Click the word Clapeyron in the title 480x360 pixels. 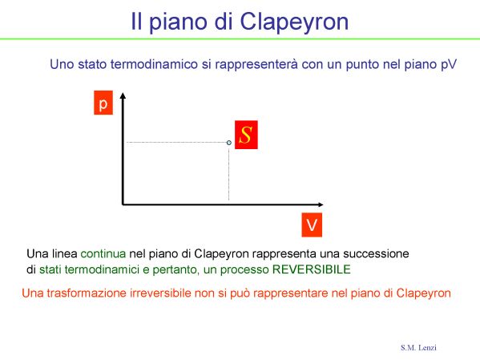tap(294, 22)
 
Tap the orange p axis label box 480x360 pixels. tap(103, 103)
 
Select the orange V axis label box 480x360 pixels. tap(312, 224)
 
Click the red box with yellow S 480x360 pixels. tap(246, 135)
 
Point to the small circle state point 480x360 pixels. tap(229, 143)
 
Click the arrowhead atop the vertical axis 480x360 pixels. tap(123, 95)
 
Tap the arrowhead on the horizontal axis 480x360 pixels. tap(321, 204)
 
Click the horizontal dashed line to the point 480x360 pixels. tap(176, 142)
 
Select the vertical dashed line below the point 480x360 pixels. tap(228, 172)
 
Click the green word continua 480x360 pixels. tap(103, 253)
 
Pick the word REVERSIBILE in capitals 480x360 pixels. tap(312, 269)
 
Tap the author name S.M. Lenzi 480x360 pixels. tap(418, 347)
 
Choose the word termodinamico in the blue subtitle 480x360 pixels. tap(154, 64)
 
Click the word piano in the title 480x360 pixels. tap(178, 22)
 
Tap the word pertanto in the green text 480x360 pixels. tap(175, 270)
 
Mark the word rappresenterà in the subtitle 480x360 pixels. tap(256, 65)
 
